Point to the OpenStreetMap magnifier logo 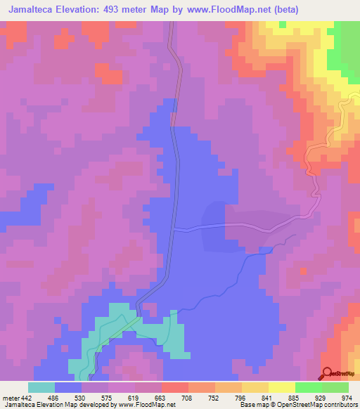327,372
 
